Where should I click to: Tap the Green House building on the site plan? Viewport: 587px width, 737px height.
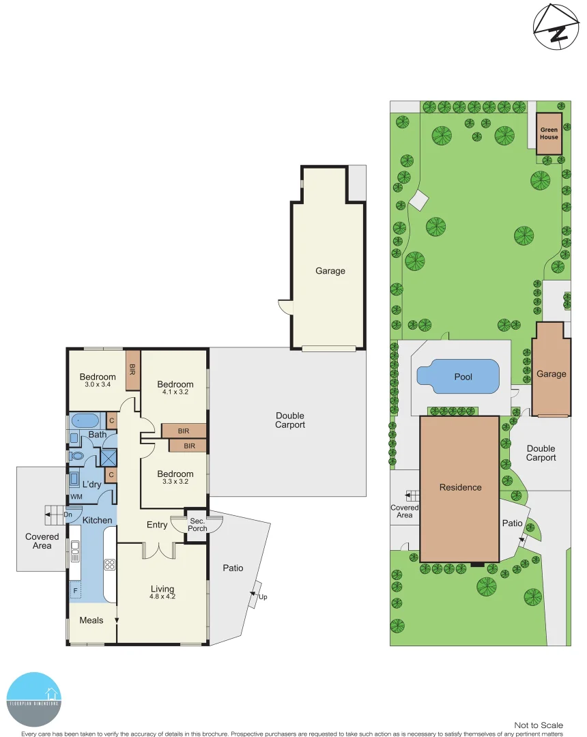tap(549, 133)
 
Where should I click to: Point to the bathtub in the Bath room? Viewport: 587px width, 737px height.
tap(85, 420)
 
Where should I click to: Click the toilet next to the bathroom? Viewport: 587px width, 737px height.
tap(77, 455)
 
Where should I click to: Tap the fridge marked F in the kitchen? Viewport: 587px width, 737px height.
tap(75, 590)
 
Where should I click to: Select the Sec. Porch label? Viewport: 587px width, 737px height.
tap(197, 525)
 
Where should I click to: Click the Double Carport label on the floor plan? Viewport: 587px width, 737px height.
tap(290, 420)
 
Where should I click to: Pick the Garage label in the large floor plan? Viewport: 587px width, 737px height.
tap(330, 271)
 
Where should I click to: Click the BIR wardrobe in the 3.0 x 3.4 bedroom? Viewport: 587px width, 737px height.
tap(132, 369)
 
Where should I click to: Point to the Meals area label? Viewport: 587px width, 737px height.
tap(91, 620)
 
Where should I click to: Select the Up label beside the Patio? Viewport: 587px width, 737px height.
tap(263, 597)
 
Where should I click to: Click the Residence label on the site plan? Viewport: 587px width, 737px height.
tap(460, 487)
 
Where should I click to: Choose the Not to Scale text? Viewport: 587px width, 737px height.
tap(539, 725)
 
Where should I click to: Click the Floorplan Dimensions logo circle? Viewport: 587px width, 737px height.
tap(33, 699)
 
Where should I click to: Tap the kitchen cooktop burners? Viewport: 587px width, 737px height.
tap(110, 564)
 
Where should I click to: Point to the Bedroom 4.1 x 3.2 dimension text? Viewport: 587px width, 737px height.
tap(175, 392)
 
